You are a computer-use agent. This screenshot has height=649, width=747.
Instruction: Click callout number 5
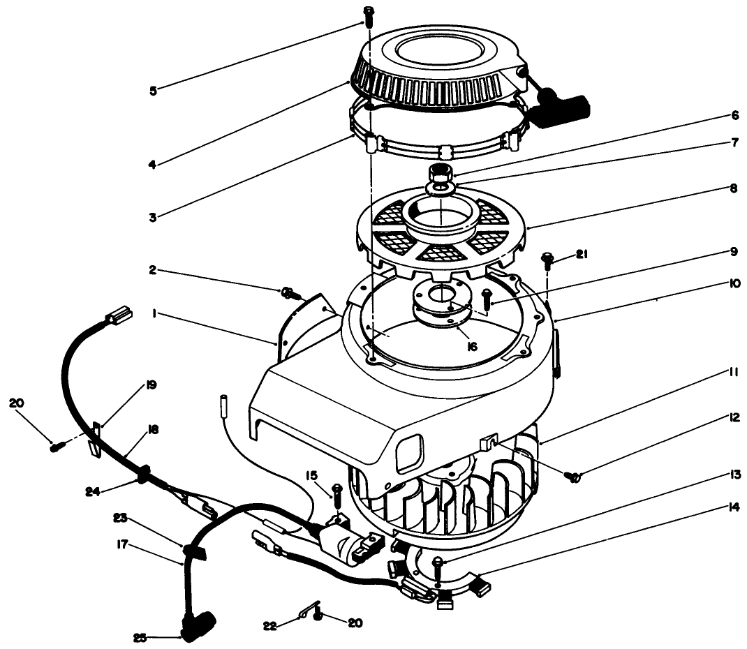tap(153, 89)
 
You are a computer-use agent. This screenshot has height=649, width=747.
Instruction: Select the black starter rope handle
tap(564, 107)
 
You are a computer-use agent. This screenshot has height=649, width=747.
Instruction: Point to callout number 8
tap(713, 188)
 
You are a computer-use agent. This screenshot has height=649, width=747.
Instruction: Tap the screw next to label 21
tap(548, 262)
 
